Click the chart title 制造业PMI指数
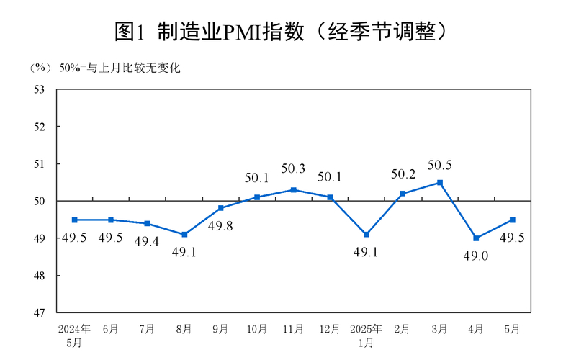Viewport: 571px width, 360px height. (x=285, y=30)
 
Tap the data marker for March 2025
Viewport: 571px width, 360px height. (x=439, y=182)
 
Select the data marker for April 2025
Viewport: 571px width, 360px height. (x=476, y=238)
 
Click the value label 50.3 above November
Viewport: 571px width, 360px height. (x=293, y=169)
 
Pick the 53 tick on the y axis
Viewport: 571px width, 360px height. (x=40, y=89)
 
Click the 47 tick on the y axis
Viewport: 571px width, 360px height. (x=40, y=313)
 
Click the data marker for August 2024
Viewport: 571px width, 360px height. (x=184, y=235)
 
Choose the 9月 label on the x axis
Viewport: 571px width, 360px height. (x=220, y=329)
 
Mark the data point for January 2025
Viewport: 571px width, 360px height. (x=367, y=235)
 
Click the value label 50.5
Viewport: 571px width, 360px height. (x=439, y=166)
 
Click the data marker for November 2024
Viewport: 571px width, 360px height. (x=293, y=189)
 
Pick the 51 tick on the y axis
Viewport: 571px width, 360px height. (x=40, y=164)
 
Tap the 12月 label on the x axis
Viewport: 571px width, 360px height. (x=329, y=329)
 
